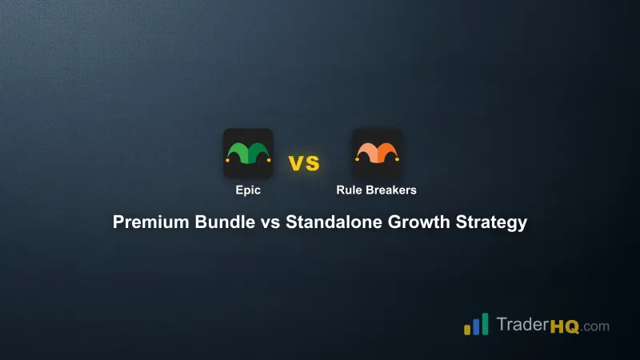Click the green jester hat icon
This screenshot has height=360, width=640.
pos(248,153)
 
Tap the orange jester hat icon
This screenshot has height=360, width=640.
pos(377,153)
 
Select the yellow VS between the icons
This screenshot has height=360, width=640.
pos(304,164)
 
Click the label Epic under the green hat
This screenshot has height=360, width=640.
pos(248,190)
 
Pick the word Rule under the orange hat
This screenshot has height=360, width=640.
pos(350,190)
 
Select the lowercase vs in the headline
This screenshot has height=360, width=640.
pos(270,222)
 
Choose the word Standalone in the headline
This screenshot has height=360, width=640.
pos(330,222)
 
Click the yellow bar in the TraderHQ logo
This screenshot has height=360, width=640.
pos(466,329)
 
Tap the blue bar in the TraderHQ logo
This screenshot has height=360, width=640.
pos(475,325)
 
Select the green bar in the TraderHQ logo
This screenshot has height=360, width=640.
pos(485,322)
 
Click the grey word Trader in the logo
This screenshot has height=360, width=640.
pos(521,326)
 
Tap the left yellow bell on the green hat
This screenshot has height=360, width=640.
pos(227,160)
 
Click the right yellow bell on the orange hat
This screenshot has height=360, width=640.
pos(398,160)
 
